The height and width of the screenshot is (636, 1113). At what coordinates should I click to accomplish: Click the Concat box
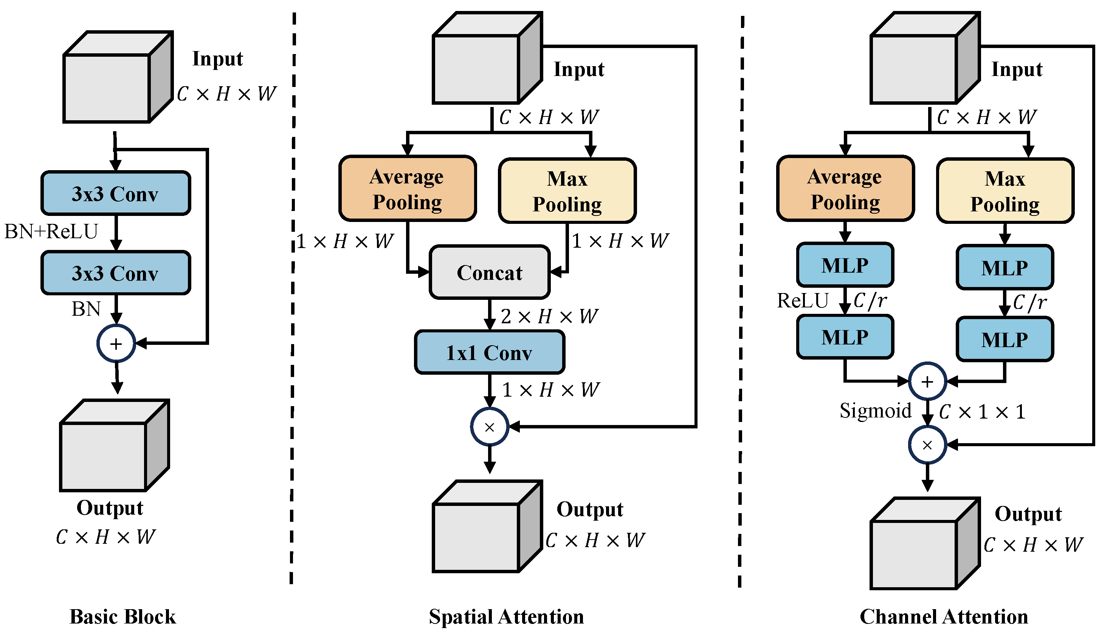coord(489,272)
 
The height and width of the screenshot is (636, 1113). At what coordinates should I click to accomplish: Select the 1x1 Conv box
coord(489,352)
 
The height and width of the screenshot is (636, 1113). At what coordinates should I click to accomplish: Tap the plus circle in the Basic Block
coord(116,343)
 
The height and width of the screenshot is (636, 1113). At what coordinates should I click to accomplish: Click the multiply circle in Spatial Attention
coord(489,427)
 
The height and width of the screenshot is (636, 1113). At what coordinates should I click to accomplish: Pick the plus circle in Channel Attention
coord(927,382)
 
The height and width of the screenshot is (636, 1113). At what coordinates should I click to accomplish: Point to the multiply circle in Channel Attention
coord(927,445)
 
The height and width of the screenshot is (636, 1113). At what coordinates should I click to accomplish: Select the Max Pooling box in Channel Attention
coord(1005,191)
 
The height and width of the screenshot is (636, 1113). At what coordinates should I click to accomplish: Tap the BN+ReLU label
coord(51,231)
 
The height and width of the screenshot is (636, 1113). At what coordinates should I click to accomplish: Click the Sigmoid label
coord(875,411)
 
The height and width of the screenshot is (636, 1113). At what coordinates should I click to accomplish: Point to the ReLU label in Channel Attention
coord(802,301)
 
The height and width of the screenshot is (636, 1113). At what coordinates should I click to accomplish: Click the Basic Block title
coord(123,616)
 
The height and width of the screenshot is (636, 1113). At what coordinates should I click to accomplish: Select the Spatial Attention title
coord(506,616)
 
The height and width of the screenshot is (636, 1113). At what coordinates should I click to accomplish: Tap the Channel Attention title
coord(944,616)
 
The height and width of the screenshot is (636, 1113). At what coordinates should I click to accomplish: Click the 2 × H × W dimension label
coord(549,316)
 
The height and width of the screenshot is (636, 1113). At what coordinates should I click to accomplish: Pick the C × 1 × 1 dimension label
coord(981,411)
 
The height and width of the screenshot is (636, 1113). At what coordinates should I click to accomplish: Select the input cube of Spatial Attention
coord(487,58)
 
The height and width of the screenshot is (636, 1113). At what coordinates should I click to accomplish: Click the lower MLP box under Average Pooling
coord(845,337)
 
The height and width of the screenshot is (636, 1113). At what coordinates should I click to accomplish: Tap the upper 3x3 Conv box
coord(116,194)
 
